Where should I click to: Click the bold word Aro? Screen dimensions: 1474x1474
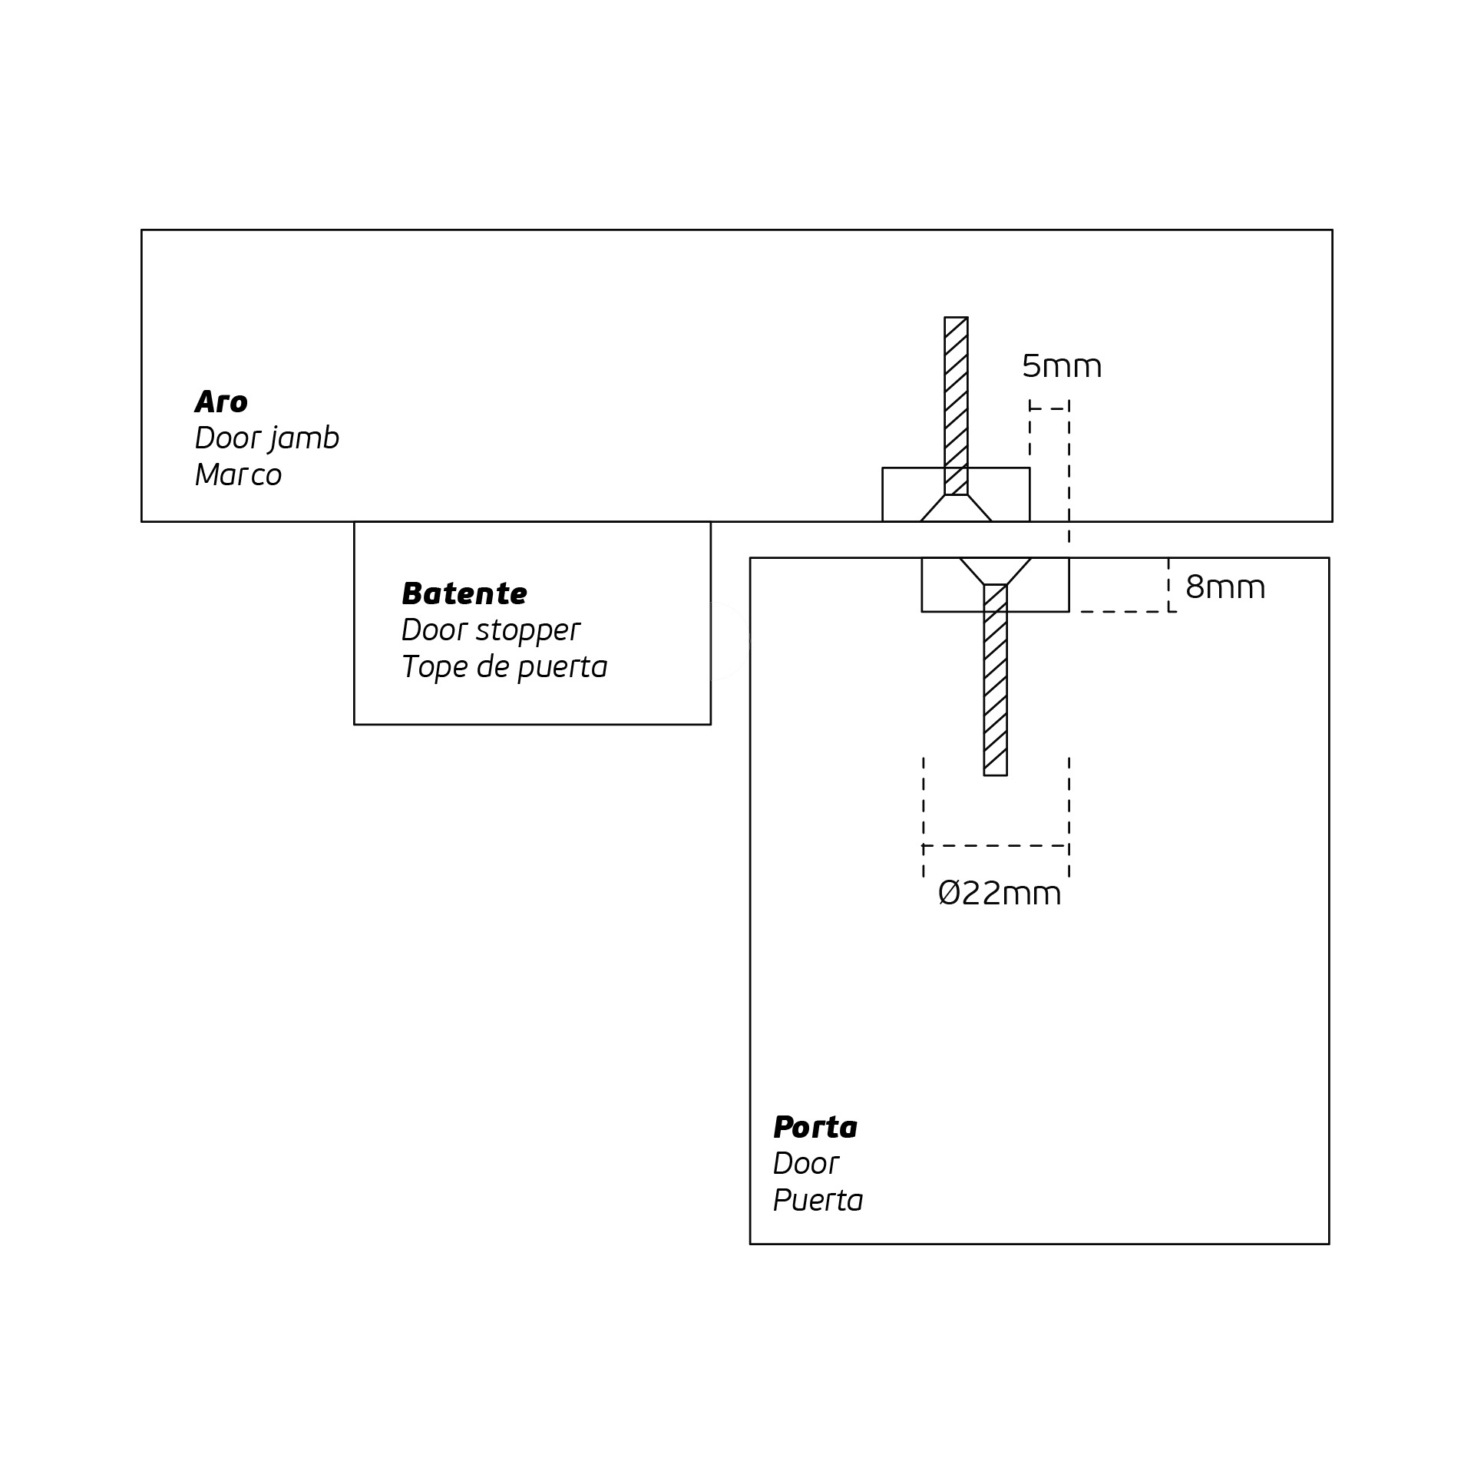pyautogui.click(x=221, y=402)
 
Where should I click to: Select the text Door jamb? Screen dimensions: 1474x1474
pyautogui.click(x=266, y=439)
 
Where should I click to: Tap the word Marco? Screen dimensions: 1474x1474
pyautogui.click(x=238, y=475)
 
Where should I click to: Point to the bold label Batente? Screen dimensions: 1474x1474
pyautogui.click(x=464, y=593)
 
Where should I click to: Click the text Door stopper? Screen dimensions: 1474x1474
pyautogui.click(x=490, y=631)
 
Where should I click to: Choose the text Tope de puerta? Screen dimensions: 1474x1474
pyautogui.click(x=504, y=667)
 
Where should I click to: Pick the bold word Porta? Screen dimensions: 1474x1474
pyautogui.click(x=815, y=1127)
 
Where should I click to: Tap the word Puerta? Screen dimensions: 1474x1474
pyautogui.click(x=818, y=1201)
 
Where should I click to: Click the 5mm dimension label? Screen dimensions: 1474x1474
pyautogui.click(x=1062, y=366)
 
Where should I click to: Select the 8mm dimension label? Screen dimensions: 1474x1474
pyautogui.click(x=1225, y=587)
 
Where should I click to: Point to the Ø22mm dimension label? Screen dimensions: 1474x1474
pyautogui.click(x=1000, y=894)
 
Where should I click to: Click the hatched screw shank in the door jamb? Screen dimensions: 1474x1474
pyautogui.click(x=956, y=405)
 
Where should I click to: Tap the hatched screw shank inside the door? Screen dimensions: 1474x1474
pyautogui.click(x=995, y=679)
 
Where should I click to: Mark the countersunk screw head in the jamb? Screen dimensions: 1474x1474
pyautogui.click(x=956, y=508)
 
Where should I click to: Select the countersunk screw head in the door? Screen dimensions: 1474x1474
pyautogui.click(x=995, y=571)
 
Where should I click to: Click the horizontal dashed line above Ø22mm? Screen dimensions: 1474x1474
pyautogui.click(x=996, y=845)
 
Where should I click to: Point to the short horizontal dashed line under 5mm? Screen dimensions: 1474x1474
pyautogui.click(x=1049, y=409)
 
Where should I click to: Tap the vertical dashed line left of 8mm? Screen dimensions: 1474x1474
pyautogui.click(x=1168, y=585)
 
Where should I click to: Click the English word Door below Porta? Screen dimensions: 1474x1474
pyautogui.click(x=805, y=1164)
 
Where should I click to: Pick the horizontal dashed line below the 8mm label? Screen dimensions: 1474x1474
pyautogui.click(x=1129, y=612)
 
